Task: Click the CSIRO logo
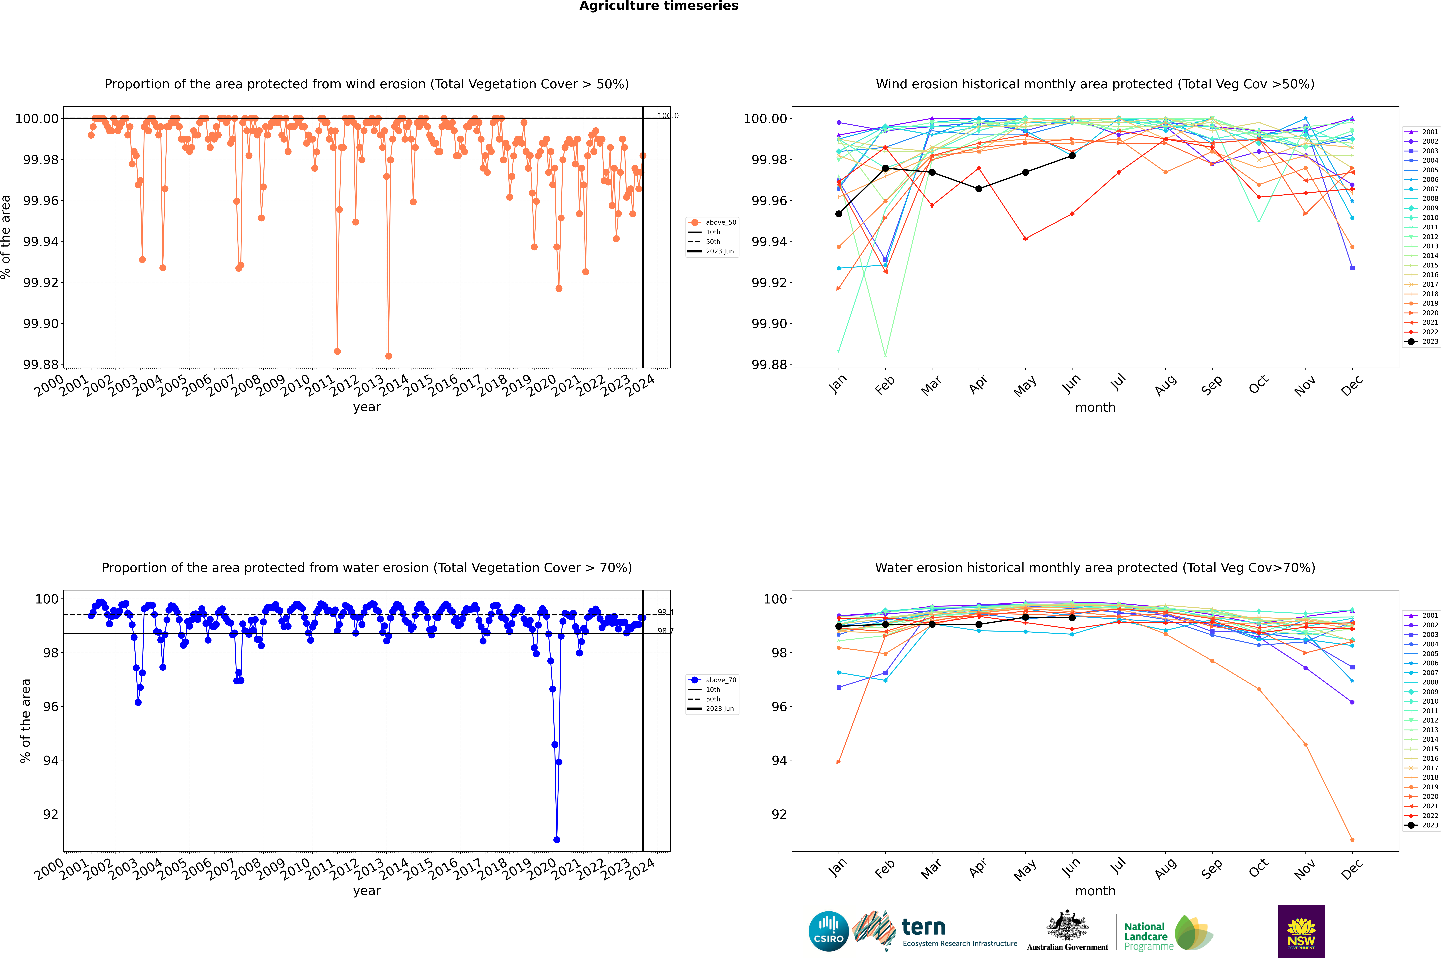(x=828, y=931)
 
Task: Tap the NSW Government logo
(x=1301, y=931)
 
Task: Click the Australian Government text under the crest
(x=1067, y=947)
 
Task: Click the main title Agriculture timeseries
(x=659, y=6)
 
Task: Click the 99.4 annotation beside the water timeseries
(x=665, y=612)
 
